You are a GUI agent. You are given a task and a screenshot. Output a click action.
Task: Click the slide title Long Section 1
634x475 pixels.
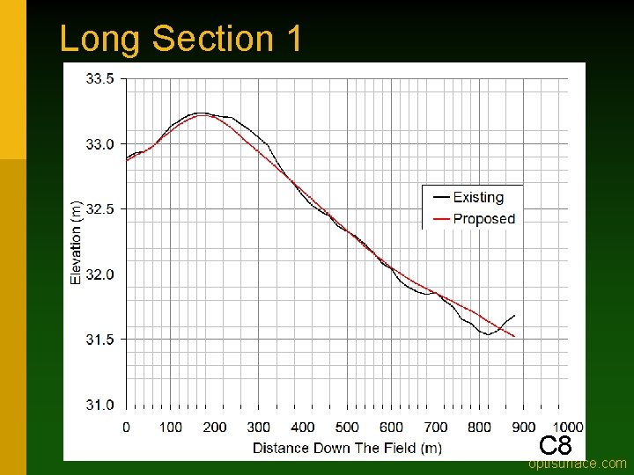pyautogui.click(x=181, y=39)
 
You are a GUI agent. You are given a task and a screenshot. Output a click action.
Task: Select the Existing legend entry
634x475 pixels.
pyautogui.click(x=477, y=197)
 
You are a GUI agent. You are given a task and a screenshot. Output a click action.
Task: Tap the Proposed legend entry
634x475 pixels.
pyautogui.click(x=483, y=219)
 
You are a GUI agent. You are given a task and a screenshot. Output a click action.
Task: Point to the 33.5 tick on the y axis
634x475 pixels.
pyautogui.click(x=100, y=78)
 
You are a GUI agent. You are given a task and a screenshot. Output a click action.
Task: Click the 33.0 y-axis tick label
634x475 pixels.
pyautogui.click(x=100, y=143)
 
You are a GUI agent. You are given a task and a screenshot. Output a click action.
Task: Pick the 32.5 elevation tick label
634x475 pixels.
pyautogui.click(x=100, y=208)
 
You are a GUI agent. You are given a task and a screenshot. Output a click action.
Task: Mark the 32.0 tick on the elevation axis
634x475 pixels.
pyautogui.click(x=100, y=274)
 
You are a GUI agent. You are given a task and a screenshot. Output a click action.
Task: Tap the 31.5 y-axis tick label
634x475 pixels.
pyautogui.click(x=100, y=340)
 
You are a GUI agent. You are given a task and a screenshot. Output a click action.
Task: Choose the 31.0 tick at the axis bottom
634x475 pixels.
pyautogui.click(x=100, y=405)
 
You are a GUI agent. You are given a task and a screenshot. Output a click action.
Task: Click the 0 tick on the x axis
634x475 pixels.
pyautogui.click(x=126, y=427)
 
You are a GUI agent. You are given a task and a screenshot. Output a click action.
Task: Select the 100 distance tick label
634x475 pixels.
pyautogui.click(x=171, y=427)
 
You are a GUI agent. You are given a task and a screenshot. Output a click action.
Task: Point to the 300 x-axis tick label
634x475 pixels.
pyautogui.click(x=259, y=427)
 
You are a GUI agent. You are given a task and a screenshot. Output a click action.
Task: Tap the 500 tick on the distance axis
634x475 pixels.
pyautogui.click(x=348, y=427)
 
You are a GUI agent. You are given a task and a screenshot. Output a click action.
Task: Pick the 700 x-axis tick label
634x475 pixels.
pyautogui.click(x=436, y=427)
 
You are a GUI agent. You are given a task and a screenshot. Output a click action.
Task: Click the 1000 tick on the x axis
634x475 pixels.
pyautogui.click(x=569, y=427)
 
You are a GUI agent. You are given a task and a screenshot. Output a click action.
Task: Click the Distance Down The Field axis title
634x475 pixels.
pyautogui.click(x=347, y=448)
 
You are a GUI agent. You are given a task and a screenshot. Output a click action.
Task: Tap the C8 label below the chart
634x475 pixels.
pyautogui.click(x=556, y=445)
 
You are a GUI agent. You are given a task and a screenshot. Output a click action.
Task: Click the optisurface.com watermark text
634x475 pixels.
pyautogui.click(x=578, y=464)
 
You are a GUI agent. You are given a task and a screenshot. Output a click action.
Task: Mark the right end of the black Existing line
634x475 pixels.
pyautogui.click(x=514, y=315)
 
